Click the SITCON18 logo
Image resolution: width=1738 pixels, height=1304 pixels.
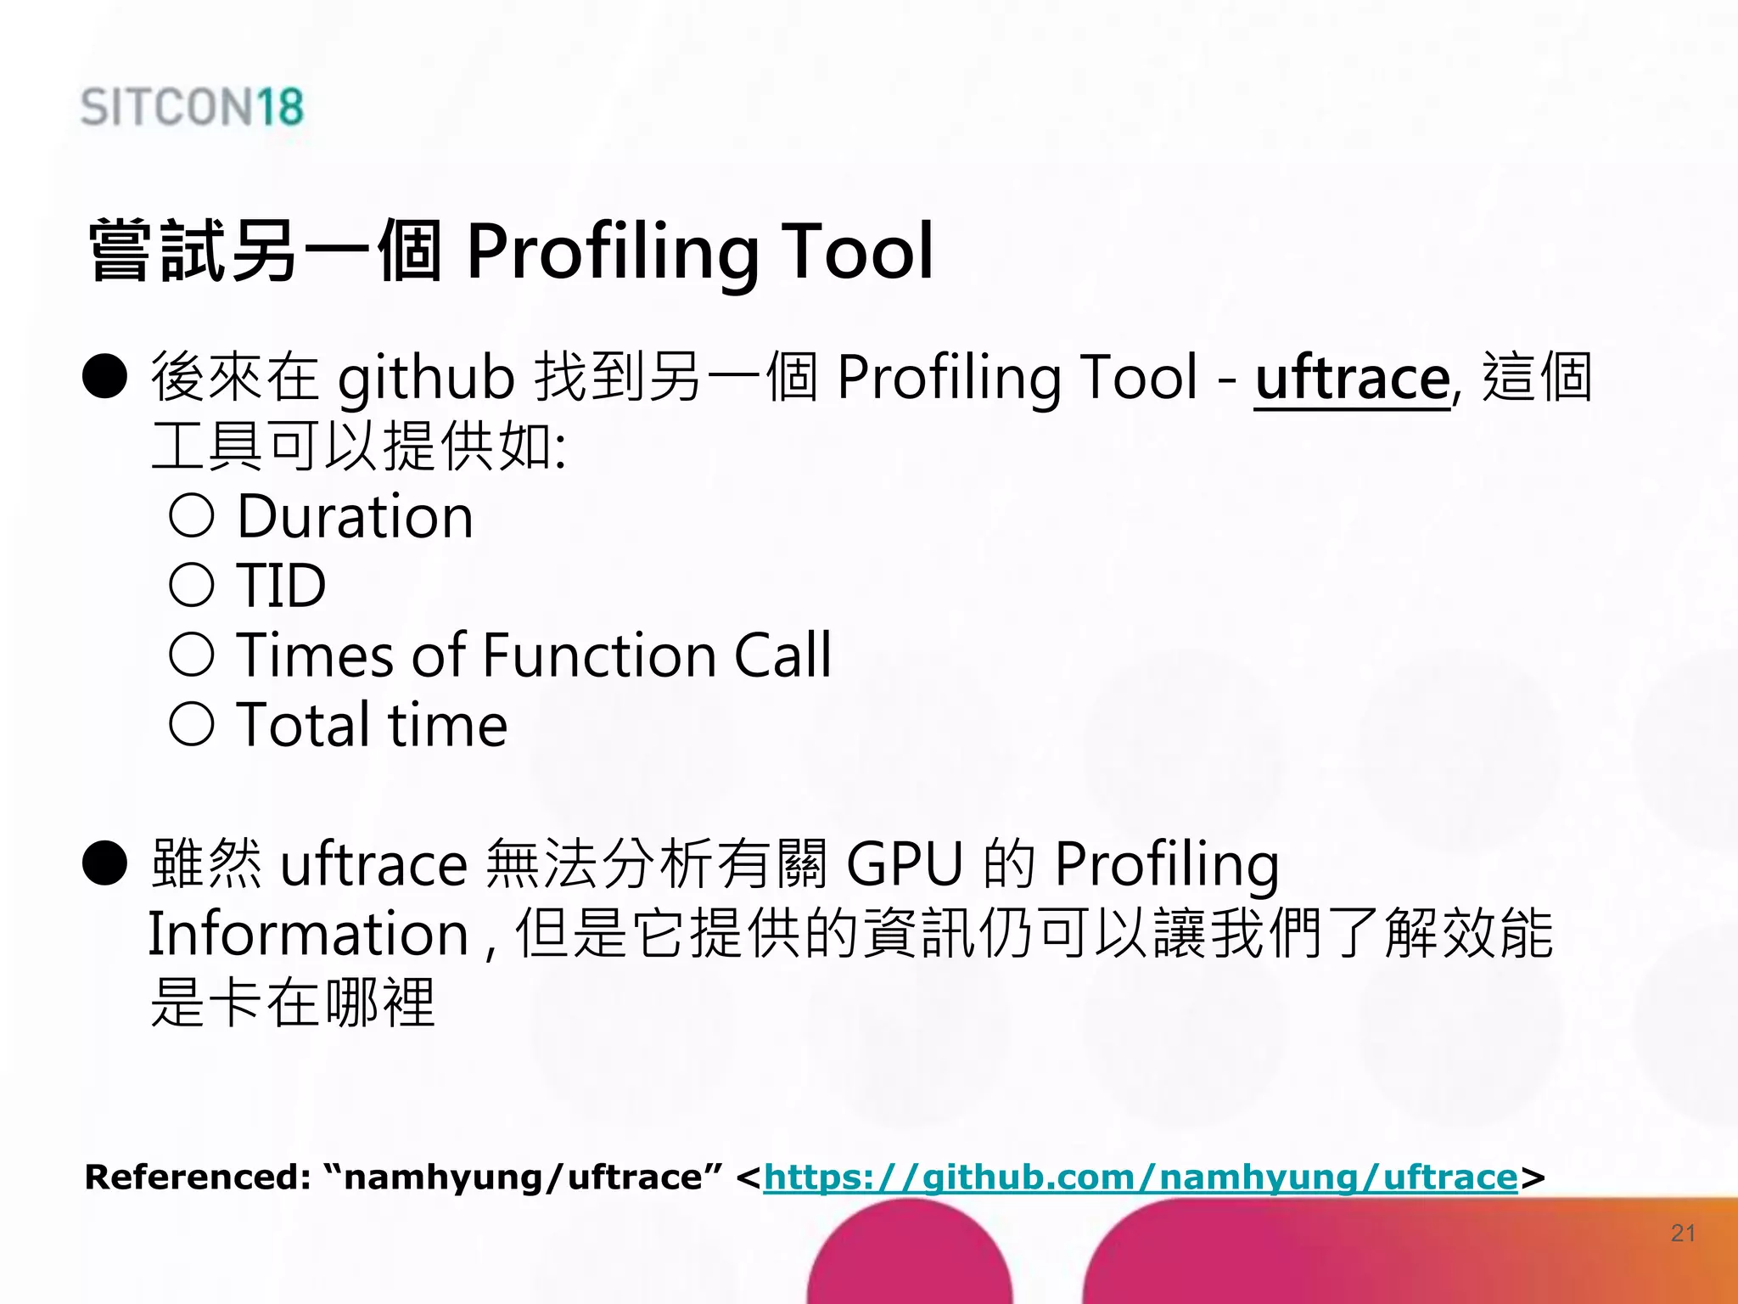(192, 107)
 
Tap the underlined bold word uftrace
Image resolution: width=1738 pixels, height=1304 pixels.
(1352, 379)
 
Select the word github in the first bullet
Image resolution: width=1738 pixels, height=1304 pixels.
(426, 379)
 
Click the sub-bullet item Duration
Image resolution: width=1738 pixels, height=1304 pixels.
(355, 516)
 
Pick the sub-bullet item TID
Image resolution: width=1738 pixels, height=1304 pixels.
(281, 586)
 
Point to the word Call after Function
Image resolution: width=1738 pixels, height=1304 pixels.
(782, 655)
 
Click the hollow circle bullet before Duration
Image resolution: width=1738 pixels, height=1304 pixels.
(191, 515)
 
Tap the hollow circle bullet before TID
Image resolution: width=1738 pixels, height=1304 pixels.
(191, 585)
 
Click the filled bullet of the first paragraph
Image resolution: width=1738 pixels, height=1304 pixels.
(105, 376)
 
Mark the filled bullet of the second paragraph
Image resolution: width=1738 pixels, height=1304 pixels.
(105, 863)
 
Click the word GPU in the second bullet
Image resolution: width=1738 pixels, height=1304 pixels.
(905, 864)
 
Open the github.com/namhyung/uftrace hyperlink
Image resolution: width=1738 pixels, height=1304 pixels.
(1140, 1178)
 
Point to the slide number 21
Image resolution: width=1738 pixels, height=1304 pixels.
(1683, 1233)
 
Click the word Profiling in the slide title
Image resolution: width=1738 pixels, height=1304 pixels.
(613, 252)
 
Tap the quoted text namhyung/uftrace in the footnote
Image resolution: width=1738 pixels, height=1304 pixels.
(523, 1178)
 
